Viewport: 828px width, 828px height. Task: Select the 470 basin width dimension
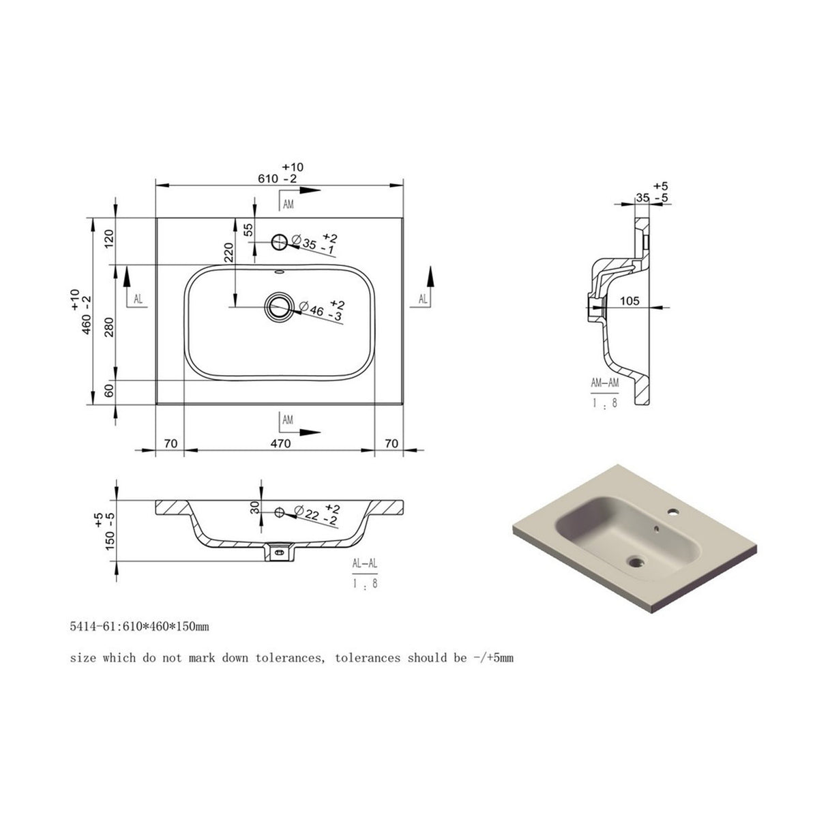(280, 444)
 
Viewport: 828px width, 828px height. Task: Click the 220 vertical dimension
(229, 252)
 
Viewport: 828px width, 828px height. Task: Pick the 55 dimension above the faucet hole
(248, 230)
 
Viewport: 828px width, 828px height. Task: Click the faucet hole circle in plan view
(280, 241)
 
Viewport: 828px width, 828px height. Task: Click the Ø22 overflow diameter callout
(314, 514)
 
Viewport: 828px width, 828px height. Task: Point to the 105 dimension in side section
(630, 301)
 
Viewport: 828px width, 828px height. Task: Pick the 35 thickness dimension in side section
(642, 197)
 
